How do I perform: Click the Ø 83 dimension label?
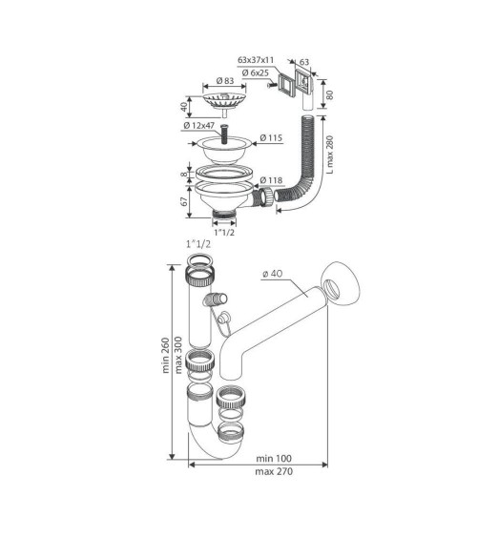coord(225,81)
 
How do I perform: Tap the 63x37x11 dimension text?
coord(256,60)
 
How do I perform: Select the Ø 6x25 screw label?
coord(255,72)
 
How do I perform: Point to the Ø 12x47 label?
coord(199,125)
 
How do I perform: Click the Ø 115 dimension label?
coord(271,138)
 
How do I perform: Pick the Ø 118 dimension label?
coord(271,180)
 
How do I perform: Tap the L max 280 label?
coord(329,155)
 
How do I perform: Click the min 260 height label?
coord(166,355)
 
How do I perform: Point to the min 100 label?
coord(274,458)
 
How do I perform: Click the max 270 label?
coord(274,471)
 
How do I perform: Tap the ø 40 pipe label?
coord(273,274)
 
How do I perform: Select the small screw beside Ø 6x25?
coord(272,85)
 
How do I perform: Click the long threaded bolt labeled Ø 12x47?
coord(224,134)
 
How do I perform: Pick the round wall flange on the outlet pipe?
coord(340,282)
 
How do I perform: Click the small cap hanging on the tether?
coord(224,318)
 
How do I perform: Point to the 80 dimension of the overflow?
coord(329,94)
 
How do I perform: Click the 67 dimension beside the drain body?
coord(184,201)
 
